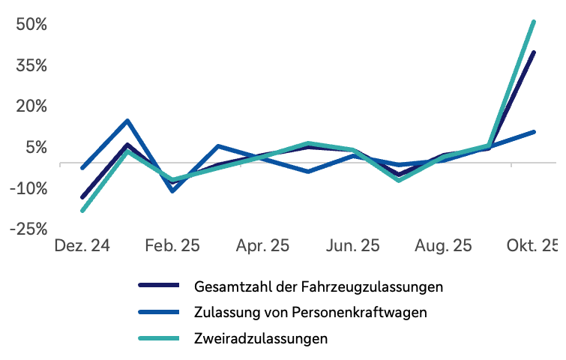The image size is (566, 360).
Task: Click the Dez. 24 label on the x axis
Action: coord(82,246)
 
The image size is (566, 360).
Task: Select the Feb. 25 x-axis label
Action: coord(172,246)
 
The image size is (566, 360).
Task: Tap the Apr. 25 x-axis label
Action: coord(262,246)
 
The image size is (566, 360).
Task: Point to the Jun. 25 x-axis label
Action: coord(353,246)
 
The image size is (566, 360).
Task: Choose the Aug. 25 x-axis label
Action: coord(444,246)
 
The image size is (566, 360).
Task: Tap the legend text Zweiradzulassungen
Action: coord(261,338)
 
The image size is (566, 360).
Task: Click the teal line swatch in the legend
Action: coord(159,338)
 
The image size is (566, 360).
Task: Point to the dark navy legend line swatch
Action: coord(159,286)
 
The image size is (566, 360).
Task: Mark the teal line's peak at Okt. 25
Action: coord(534,22)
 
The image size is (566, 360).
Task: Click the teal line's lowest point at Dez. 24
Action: coord(82,211)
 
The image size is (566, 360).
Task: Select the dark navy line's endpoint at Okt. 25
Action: coord(534,52)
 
